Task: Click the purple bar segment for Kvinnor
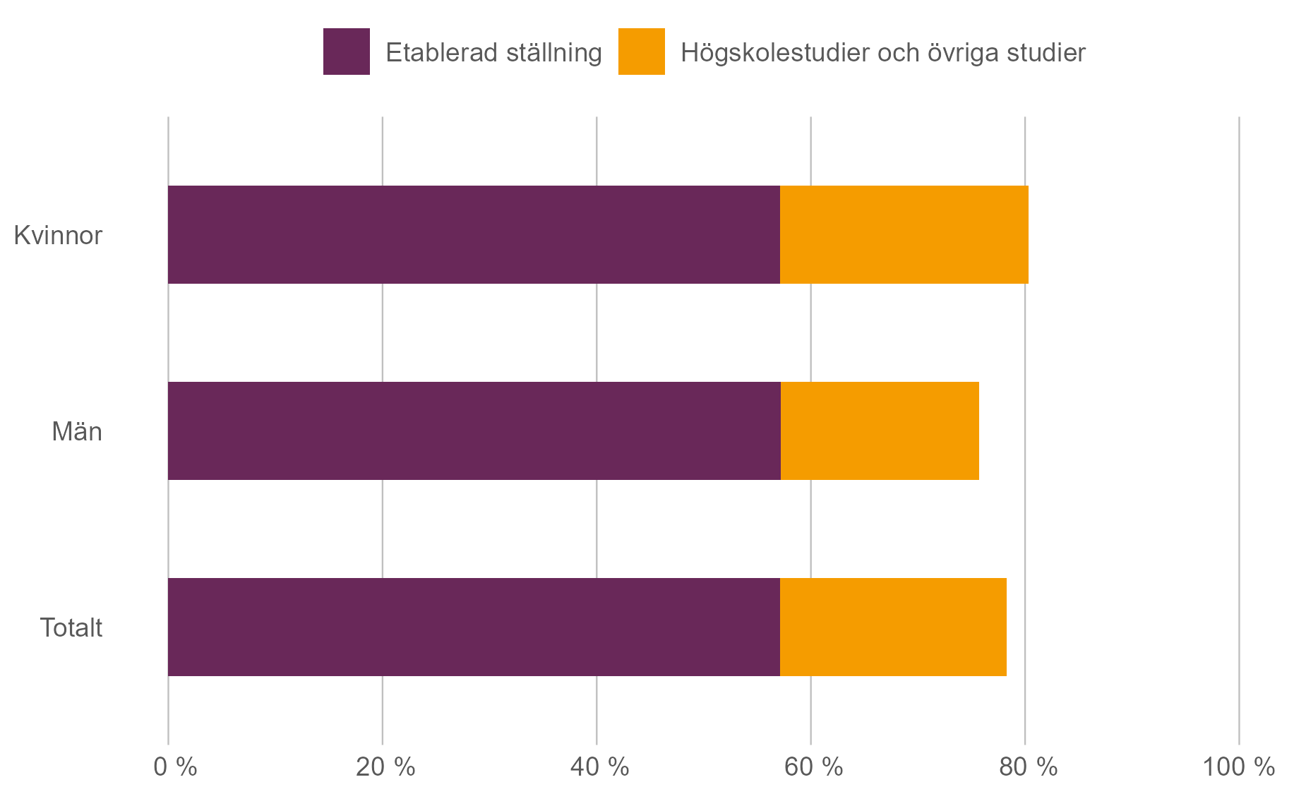pyautogui.click(x=474, y=235)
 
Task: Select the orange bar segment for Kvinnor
pyautogui.click(x=904, y=235)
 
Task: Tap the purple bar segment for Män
pyautogui.click(x=474, y=431)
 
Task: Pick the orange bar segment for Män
pyautogui.click(x=880, y=431)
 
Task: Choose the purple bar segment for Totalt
pyautogui.click(x=474, y=627)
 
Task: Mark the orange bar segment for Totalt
pyautogui.click(x=893, y=627)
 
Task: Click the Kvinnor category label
pyautogui.click(x=58, y=236)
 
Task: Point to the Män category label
pyautogui.click(x=77, y=432)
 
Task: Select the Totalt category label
pyautogui.click(x=71, y=628)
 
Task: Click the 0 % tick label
pyautogui.click(x=175, y=767)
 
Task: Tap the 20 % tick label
pyautogui.click(x=385, y=767)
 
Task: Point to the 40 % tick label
pyautogui.click(x=599, y=767)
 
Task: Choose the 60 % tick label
pyautogui.click(x=813, y=767)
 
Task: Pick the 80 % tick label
pyautogui.click(x=1028, y=767)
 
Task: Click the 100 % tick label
pyautogui.click(x=1238, y=767)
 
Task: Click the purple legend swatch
pyautogui.click(x=346, y=52)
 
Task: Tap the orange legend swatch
pyautogui.click(x=641, y=52)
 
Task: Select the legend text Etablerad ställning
pyautogui.click(x=493, y=53)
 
